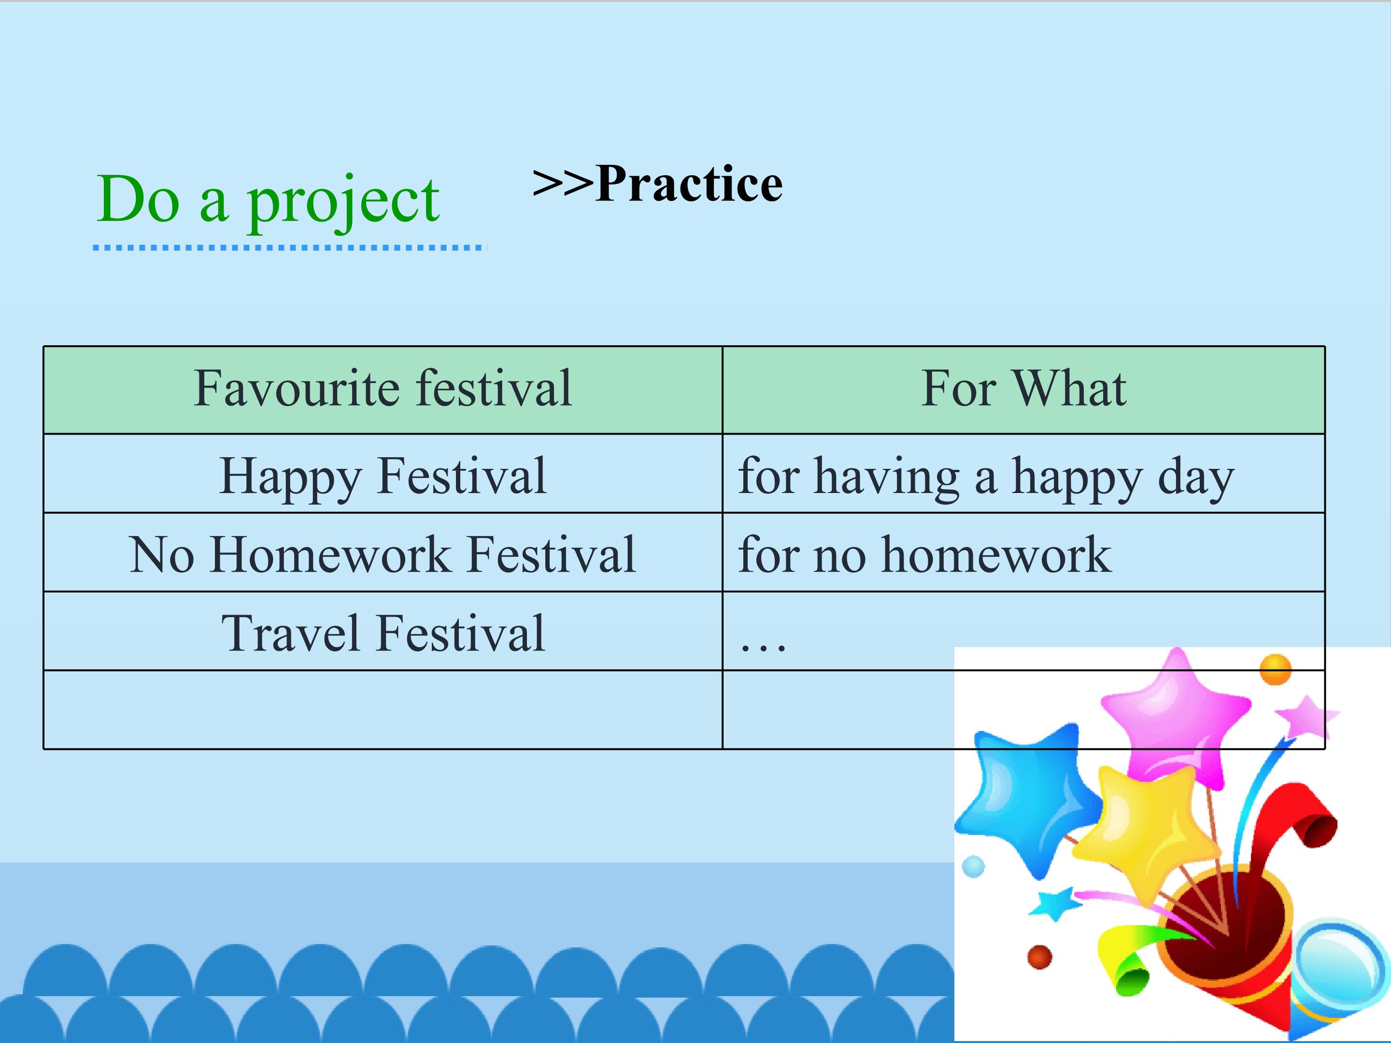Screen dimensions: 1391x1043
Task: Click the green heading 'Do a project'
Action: click(x=268, y=200)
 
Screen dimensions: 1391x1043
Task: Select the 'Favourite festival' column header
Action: click(x=383, y=389)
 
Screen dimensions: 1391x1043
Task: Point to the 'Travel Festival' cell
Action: click(x=383, y=634)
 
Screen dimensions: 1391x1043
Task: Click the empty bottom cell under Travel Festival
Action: click(x=383, y=710)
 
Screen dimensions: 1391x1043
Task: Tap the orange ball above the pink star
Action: click(x=1275, y=670)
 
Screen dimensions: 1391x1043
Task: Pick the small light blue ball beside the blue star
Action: click(x=973, y=867)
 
